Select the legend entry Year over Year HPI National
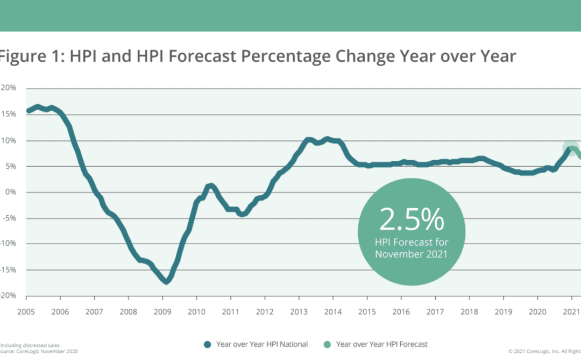[x=262, y=344]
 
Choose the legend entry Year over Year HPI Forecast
[x=382, y=344]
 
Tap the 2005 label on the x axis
[x=26, y=311]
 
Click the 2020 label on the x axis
[x=537, y=311]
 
